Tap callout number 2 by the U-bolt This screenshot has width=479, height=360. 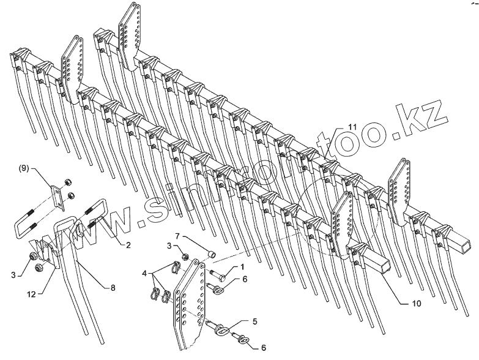point(128,245)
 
